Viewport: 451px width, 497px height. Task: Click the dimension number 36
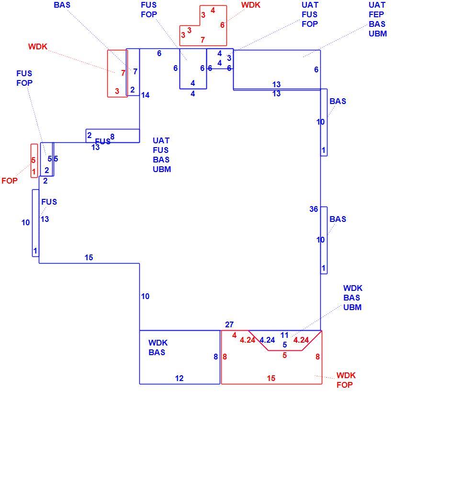click(314, 209)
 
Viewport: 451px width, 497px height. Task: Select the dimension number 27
click(229, 324)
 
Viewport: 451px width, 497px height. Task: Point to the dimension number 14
click(146, 95)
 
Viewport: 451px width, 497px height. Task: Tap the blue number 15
click(89, 257)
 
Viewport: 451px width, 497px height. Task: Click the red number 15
click(271, 378)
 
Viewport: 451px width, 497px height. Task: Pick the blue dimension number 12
click(179, 378)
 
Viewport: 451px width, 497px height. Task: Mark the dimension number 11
click(284, 335)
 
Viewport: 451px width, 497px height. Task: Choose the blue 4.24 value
click(267, 340)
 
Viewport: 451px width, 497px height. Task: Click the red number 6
click(222, 25)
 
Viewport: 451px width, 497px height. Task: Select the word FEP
click(376, 14)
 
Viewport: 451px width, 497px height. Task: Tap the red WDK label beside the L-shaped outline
click(251, 5)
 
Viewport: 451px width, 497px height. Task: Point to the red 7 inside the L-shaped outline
click(203, 40)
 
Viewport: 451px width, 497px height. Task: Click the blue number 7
click(135, 71)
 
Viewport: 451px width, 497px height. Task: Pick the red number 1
click(34, 173)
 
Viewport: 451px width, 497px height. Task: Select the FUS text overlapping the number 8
click(102, 141)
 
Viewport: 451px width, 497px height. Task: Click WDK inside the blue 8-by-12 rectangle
click(158, 343)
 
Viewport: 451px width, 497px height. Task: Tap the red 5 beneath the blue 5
click(285, 355)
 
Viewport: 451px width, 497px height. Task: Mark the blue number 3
click(229, 58)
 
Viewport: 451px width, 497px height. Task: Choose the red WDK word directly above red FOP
click(346, 375)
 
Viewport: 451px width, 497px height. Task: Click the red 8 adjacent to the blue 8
click(225, 357)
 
